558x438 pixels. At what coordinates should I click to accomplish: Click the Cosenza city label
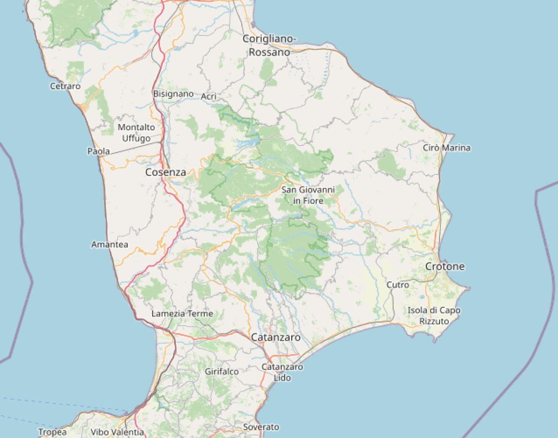pos(166,172)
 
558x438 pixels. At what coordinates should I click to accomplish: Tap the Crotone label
pos(445,266)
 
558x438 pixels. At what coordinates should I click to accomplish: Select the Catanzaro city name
pos(276,337)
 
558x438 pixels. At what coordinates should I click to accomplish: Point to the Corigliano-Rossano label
pos(269,46)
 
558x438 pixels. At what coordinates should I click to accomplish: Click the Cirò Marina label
pos(446,148)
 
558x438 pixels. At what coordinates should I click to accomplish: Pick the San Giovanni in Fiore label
pos(308,195)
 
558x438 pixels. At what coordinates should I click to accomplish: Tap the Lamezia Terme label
pos(182,313)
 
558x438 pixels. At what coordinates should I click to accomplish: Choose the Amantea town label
pos(110,244)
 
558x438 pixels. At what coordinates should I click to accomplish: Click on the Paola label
pos(99,151)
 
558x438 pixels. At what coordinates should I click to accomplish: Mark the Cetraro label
pos(65,86)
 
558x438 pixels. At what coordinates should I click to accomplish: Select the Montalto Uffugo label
pos(136,133)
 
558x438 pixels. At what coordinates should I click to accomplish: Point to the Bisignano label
pos(173,94)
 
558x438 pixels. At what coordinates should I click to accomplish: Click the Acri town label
pos(209,96)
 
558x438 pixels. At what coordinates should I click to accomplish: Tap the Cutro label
pos(398,285)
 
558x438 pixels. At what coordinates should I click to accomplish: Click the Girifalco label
pos(222,372)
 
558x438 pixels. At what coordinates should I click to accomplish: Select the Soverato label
pos(261,427)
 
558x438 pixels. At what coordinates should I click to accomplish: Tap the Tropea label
pos(53,432)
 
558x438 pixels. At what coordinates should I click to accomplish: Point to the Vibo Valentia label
pos(117,432)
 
